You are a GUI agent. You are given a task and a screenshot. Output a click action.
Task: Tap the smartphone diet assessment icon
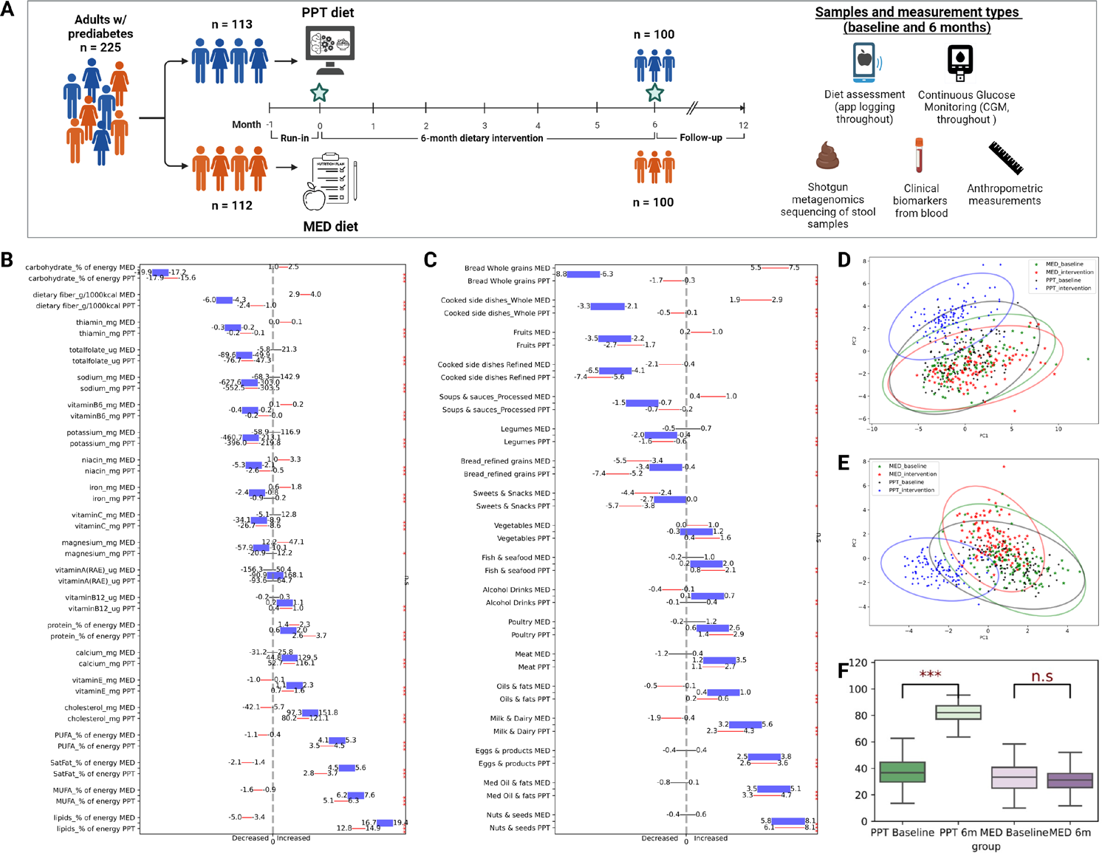(864, 62)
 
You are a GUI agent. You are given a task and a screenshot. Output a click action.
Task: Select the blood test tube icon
(919, 155)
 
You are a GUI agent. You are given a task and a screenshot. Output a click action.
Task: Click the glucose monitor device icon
(960, 63)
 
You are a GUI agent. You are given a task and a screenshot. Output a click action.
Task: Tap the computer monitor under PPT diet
(330, 49)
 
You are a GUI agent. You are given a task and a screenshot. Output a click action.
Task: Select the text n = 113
(232, 24)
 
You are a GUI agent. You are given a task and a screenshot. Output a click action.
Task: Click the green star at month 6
(654, 92)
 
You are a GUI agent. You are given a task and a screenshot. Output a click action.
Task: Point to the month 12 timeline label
(743, 126)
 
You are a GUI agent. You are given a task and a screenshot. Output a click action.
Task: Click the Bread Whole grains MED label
(507, 268)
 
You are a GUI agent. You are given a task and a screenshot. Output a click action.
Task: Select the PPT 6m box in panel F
(958, 712)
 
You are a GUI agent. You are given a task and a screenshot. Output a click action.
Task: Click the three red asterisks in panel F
(930, 675)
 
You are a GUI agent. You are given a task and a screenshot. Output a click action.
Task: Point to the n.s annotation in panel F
(1041, 676)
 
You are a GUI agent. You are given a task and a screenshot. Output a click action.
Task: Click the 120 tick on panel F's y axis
(857, 662)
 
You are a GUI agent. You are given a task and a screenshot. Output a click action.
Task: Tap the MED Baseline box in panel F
(1014, 778)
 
